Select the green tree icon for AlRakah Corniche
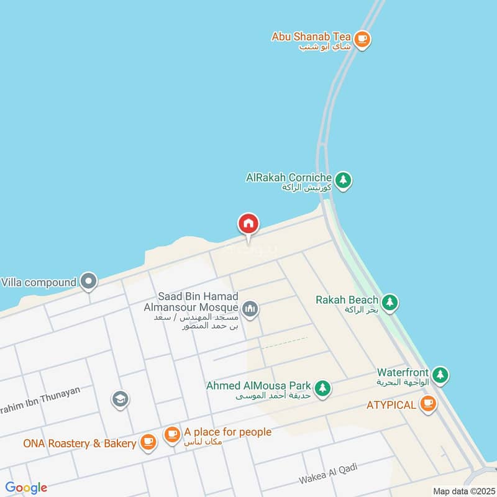[343, 181]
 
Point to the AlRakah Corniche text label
[289, 178]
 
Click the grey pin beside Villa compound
[89, 282]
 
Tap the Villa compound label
[39, 282]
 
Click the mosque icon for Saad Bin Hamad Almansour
[250, 308]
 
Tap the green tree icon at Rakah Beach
[390, 303]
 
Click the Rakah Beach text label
[347, 300]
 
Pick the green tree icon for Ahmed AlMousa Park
[322, 389]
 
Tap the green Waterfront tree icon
[440, 374]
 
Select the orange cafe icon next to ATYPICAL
[427, 404]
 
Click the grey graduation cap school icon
[120, 399]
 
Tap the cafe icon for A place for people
[172, 434]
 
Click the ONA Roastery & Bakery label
[80, 444]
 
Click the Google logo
[26, 488]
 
